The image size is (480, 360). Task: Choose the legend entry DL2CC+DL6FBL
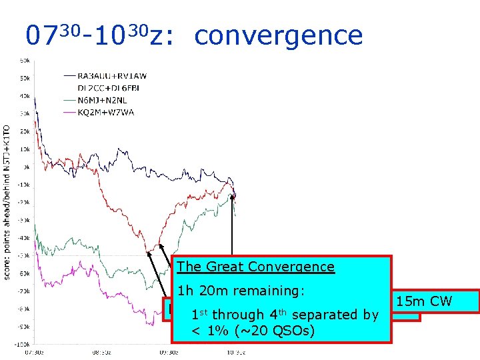click(x=101, y=88)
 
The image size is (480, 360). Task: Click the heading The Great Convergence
click(x=256, y=267)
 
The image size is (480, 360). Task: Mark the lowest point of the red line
click(x=147, y=253)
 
